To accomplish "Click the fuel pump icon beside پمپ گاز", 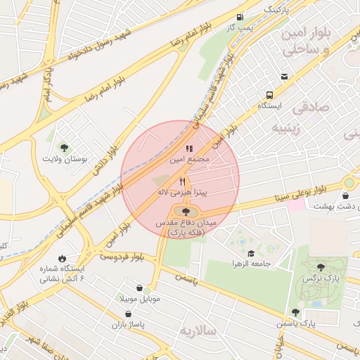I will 241,17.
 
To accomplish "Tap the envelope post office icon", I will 283,77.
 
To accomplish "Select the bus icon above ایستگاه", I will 269,94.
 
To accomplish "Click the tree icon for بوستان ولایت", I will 64,148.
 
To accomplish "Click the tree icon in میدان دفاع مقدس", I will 185,211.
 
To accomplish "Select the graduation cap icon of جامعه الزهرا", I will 251,253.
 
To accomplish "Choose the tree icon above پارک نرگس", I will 321,266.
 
